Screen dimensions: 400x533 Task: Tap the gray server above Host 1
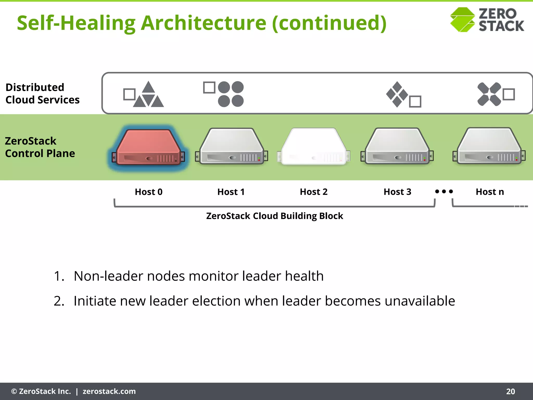tap(231, 147)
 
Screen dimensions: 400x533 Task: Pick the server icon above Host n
tap(489, 146)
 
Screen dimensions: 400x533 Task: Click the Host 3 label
tap(397, 192)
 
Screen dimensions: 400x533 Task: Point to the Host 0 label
tap(148, 192)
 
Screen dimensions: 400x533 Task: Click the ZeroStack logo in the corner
tap(487, 20)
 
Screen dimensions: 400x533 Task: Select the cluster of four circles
tap(231, 94)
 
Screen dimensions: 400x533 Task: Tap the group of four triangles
tap(148, 95)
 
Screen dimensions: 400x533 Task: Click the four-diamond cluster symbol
tap(397, 94)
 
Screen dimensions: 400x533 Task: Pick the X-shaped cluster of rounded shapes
tap(489, 94)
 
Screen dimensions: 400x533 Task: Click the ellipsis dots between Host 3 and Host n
tap(444, 191)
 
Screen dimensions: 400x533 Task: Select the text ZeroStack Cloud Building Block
tap(275, 216)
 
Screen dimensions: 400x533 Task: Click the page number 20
tap(510, 391)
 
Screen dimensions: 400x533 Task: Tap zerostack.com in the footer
tap(109, 391)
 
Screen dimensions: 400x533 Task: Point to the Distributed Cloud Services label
tap(42, 93)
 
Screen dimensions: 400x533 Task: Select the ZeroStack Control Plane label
tap(40, 147)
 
